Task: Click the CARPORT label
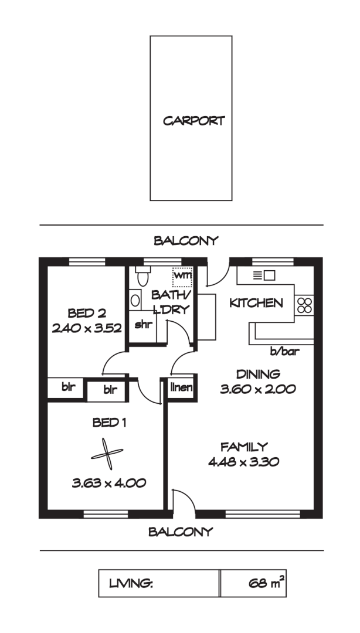pyautogui.click(x=193, y=121)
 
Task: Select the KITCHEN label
pyautogui.click(x=256, y=303)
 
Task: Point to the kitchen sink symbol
pyautogui.click(x=264, y=274)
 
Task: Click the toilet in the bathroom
pyautogui.click(x=141, y=277)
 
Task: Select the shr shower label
pyautogui.click(x=142, y=324)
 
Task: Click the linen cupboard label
pyautogui.click(x=182, y=387)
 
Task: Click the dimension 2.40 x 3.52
pyautogui.click(x=87, y=328)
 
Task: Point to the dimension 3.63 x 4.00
pyautogui.click(x=109, y=484)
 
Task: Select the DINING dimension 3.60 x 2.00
pyautogui.click(x=258, y=388)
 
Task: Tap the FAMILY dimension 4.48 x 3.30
pyautogui.click(x=243, y=461)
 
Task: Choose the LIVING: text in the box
pyautogui.click(x=131, y=584)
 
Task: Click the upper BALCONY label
pyautogui.click(x=186, y=240)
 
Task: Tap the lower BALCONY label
pyautogui.click(x=180, y=532)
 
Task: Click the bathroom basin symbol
pyautogui.click(x=135, y=301)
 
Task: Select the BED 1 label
pyautogui.click(x=107, y=422)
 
